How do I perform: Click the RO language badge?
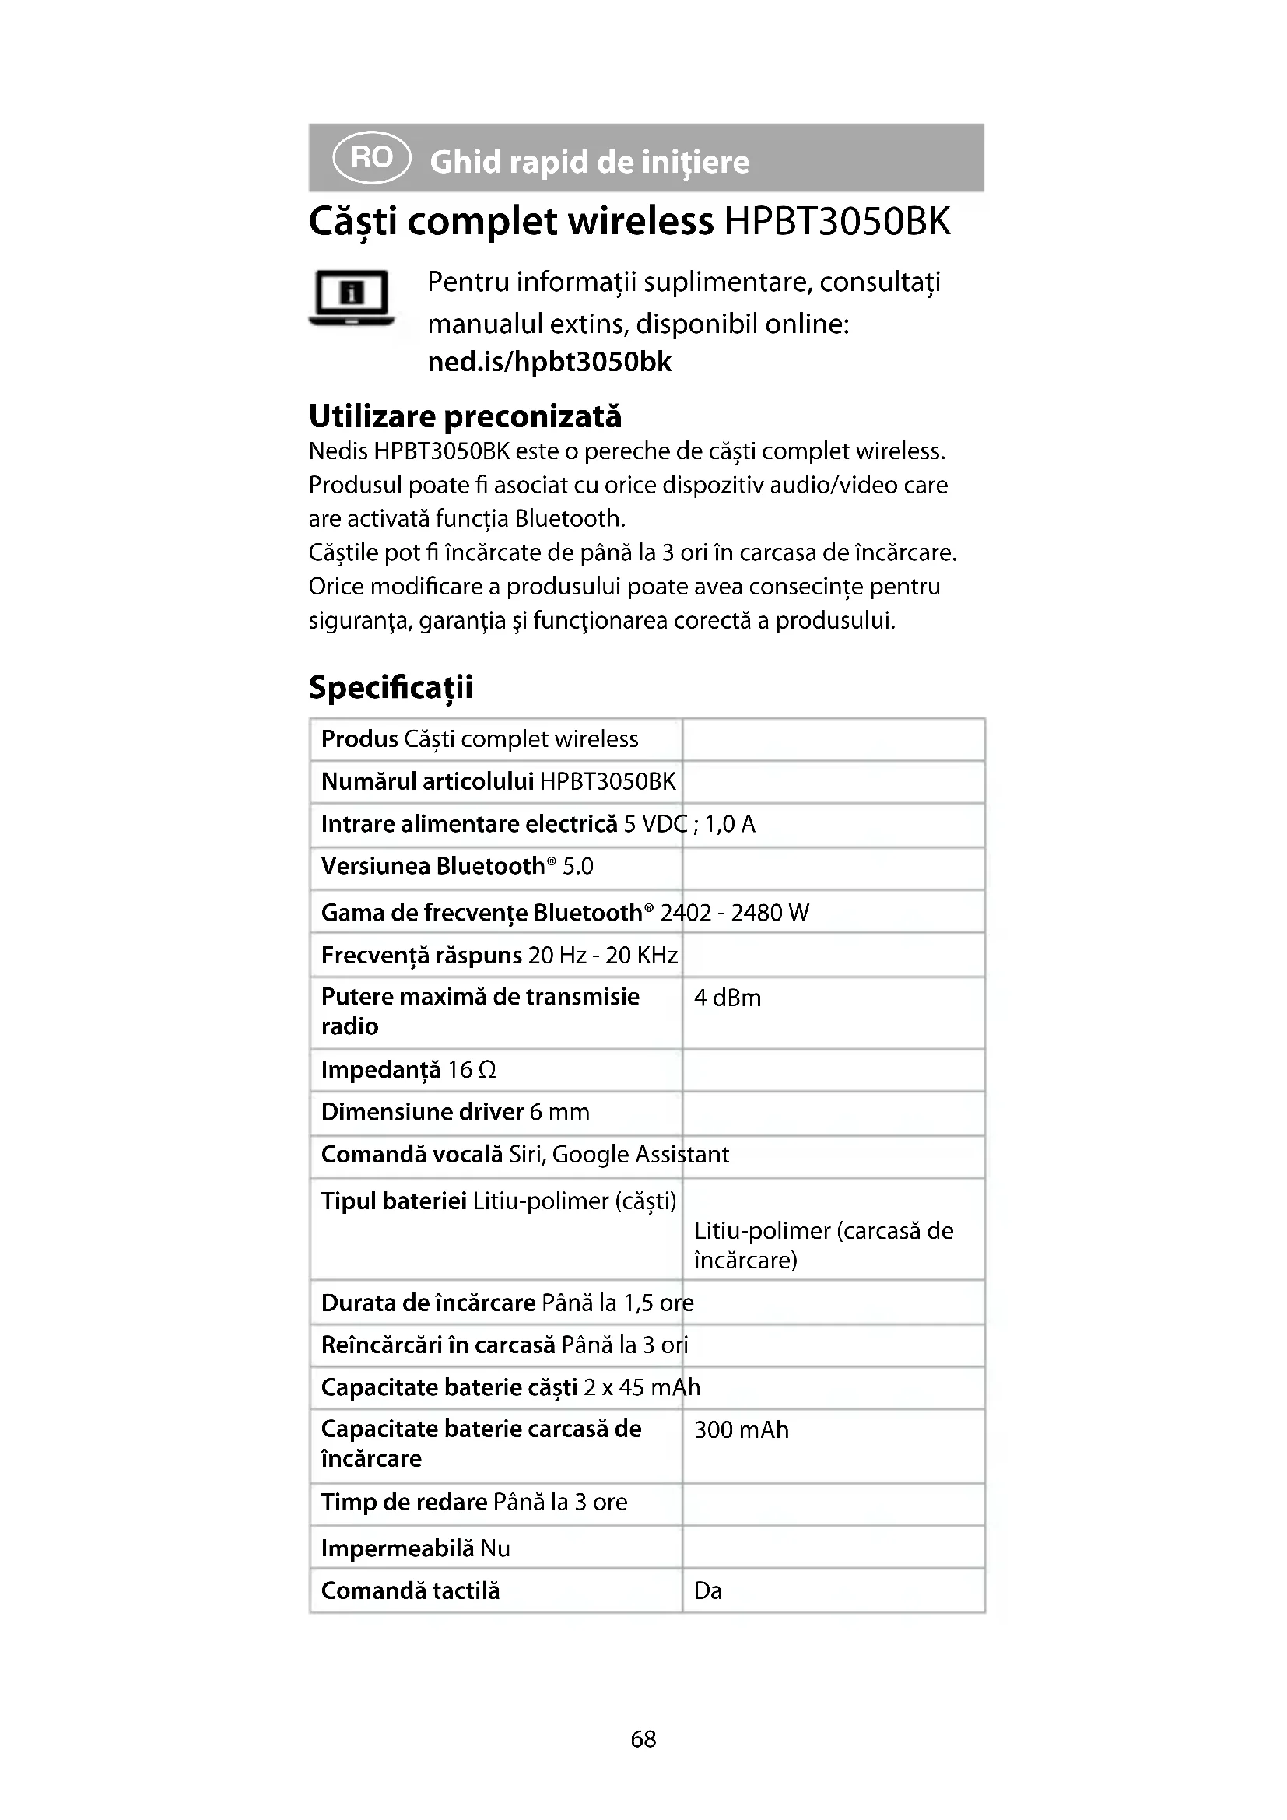click(x=372, y=158)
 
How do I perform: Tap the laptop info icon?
click(x=351, y=298)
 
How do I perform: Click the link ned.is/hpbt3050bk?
click(x=549, y=363)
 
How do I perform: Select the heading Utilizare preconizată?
click(x=465, y=416)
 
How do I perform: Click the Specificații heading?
click(x=391, y=686)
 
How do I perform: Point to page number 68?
click(x=643, y=1739)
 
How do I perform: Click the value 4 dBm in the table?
click(x=728, y=998)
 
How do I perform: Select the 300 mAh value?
click(x=741, y=1430)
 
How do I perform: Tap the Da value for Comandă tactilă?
click(x=707, y=1591)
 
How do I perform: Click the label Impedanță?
click(x=380, y=1070)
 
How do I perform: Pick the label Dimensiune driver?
click(x=422, y=1112)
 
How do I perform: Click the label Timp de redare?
click(x=403, y=1502)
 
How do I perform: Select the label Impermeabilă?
click(x=397, y=1548)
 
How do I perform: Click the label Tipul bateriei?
click(x=393, y=1201)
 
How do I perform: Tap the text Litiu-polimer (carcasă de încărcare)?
click(x=823, y=1245)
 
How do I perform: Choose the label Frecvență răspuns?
click(x=421, y=956)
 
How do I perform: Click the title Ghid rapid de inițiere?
click(x=589, y=162)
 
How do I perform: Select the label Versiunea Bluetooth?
click(x=433, y=866)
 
